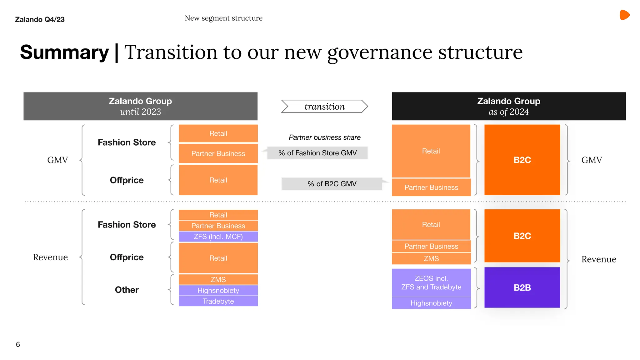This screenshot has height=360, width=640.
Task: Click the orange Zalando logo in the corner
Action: [624, 15]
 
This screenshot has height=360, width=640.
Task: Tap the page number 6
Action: [18, 344]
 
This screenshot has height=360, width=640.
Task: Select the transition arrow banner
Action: [324, 107]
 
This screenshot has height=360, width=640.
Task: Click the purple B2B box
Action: [522, 287]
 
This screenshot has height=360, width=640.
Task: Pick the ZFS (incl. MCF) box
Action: [218, 237]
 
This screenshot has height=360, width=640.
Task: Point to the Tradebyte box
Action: [218, 301]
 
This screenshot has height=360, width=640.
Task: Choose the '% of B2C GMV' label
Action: [332, 184]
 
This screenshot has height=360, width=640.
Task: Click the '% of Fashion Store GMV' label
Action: [317, 153]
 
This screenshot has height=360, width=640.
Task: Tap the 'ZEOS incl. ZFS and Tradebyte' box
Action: [431, 282]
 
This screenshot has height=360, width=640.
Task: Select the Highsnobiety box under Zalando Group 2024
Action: [431, 303]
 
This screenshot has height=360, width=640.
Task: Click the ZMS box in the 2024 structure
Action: [431, 259]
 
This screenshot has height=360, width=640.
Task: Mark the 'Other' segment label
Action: [127, 290]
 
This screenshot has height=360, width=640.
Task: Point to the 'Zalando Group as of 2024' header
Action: [508, 106]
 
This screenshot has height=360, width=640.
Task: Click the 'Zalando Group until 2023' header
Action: [140, 106]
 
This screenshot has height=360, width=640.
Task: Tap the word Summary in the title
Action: [64, 52]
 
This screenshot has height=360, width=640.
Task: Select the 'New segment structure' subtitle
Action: [223, 18]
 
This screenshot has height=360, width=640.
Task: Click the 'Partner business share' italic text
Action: [324, 137]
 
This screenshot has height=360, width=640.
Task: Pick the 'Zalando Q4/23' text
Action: [40, 19]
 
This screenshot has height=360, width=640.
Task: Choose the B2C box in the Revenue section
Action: [522, 236]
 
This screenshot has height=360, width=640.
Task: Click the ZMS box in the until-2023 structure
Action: [218, 279]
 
